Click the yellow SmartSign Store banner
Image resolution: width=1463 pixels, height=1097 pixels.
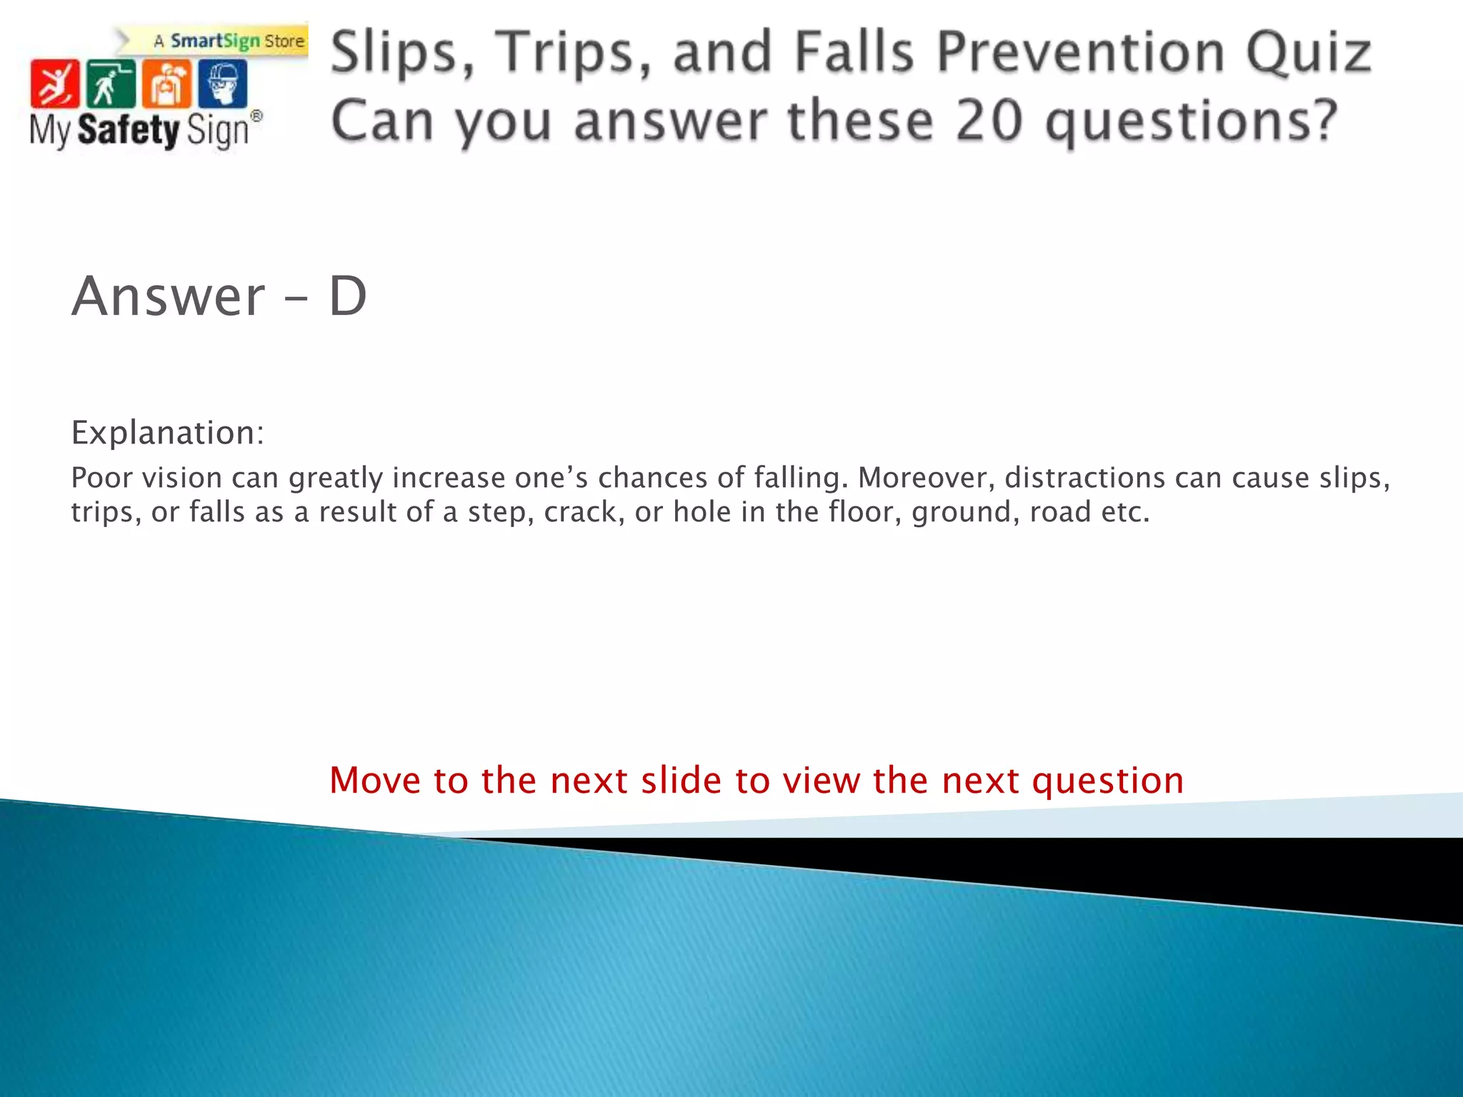coord(229,41)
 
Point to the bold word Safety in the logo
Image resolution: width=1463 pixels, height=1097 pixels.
coord(129,131)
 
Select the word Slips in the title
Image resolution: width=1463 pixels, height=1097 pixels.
coord(403,53)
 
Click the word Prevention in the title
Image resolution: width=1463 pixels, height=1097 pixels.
coord(1081,53)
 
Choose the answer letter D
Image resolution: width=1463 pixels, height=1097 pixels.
coord(348,296)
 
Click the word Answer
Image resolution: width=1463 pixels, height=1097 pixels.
coord(169,296)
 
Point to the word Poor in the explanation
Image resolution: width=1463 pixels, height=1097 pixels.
coord(101,478)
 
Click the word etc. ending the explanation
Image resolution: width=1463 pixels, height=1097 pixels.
coord(1124,512)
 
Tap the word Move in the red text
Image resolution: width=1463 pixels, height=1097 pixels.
coord(376,780)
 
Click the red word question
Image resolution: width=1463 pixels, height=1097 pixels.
coord(1108,781)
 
